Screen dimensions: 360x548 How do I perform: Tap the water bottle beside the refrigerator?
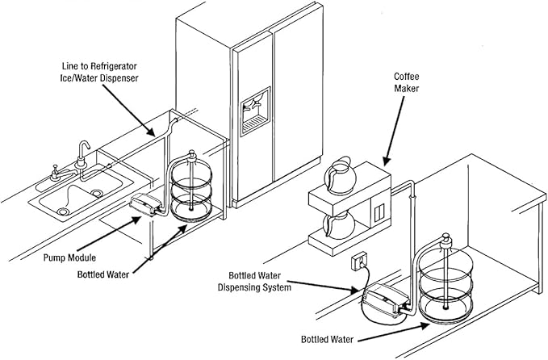(192, 189)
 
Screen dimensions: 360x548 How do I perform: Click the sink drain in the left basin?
(62, 211)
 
